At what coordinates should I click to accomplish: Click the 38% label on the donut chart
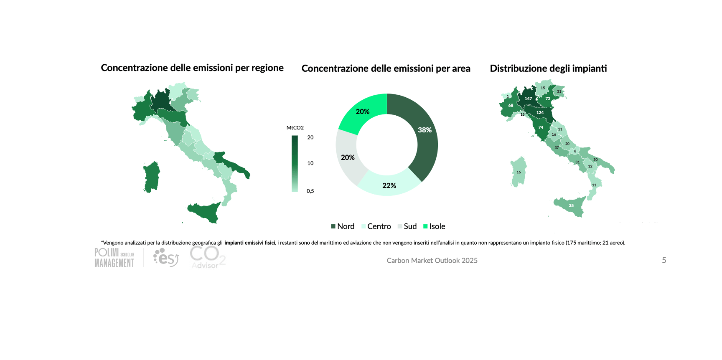click(425, 130)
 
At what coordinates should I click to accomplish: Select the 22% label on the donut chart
click(389, 185)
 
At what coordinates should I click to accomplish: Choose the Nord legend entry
click(343, 226)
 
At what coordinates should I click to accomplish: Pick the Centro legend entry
click(376, 226)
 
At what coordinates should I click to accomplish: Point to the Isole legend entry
click(434, 226)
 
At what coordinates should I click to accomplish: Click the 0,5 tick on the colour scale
click(310, 191)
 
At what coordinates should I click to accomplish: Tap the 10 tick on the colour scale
click(310, 163)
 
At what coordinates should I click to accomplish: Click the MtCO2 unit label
click(295, 128)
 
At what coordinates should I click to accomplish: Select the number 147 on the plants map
click(528, 99)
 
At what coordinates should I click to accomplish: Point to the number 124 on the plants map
click(540, 113)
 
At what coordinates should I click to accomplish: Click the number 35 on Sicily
click(571, 205)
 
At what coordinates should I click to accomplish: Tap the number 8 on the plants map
click(575, 151)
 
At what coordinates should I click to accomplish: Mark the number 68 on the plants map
click(511, 105)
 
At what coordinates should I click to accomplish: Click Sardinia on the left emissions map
click(151, 177)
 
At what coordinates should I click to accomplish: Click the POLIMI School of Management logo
click(114, 258)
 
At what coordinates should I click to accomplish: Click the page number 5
click(664, 261)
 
